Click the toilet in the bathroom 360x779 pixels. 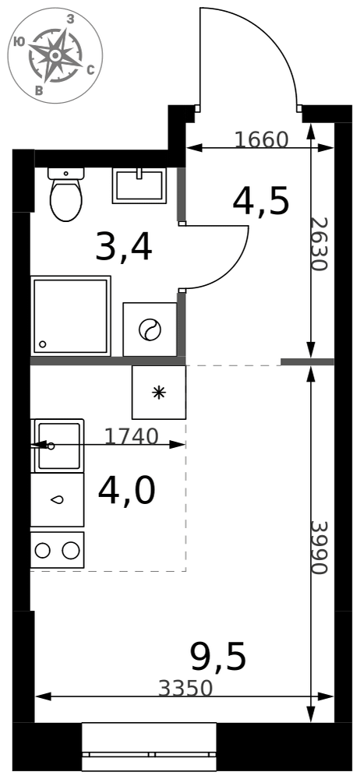tap(65, 194)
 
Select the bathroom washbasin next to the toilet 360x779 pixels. tap(139, 185)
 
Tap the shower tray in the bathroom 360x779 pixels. tap(71, 316)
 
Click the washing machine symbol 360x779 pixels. tap(150, 330)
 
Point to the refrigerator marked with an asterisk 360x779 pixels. tap(159, 393)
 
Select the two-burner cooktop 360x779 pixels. tap(57, 550)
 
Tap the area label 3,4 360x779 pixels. tap(123, 248)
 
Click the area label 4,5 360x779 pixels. tap(260, 203)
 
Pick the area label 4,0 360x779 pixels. tap(127, 490)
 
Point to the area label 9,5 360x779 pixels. tap(218, 657)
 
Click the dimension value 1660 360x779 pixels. tap(261, 140)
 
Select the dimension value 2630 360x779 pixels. tap(319, 244)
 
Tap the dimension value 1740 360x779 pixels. tap(131, 436)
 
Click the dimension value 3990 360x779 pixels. tap(319, 548)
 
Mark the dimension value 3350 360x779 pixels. tap(185, 689)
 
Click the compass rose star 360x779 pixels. tap(55, 55)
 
